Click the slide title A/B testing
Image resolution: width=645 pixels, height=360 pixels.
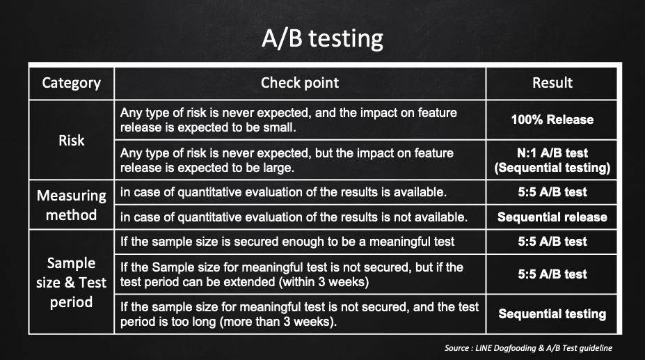323,38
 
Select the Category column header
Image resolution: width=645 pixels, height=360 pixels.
71,83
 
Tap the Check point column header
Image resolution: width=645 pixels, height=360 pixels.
300,83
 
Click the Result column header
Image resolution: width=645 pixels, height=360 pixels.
552,83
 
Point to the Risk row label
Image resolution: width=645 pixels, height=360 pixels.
71,141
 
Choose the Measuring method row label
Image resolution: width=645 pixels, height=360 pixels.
71,205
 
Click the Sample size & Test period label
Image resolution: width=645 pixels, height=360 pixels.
71,283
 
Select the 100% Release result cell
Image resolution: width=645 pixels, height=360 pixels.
552,120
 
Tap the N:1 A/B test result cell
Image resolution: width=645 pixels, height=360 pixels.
552,160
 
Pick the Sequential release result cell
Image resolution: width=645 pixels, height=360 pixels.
552,217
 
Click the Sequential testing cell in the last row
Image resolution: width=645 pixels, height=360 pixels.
552,314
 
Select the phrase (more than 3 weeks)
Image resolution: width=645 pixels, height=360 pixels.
278,321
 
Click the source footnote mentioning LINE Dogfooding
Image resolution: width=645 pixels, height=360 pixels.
528,348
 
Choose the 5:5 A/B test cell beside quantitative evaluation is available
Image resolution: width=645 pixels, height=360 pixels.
552,192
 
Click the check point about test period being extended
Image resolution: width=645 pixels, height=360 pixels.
292,274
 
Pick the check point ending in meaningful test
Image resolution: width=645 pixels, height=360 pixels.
287,242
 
